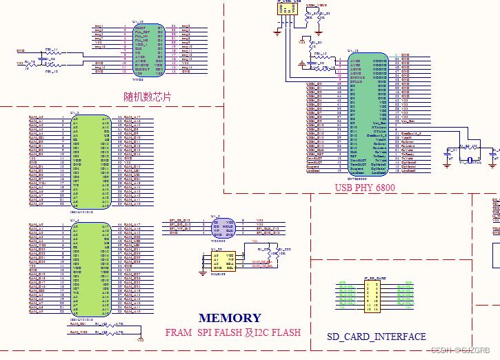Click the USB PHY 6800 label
pos(365,188)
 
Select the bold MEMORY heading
pos(230,318)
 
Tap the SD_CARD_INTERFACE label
pos(376,337)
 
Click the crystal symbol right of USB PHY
pos(472,161)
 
